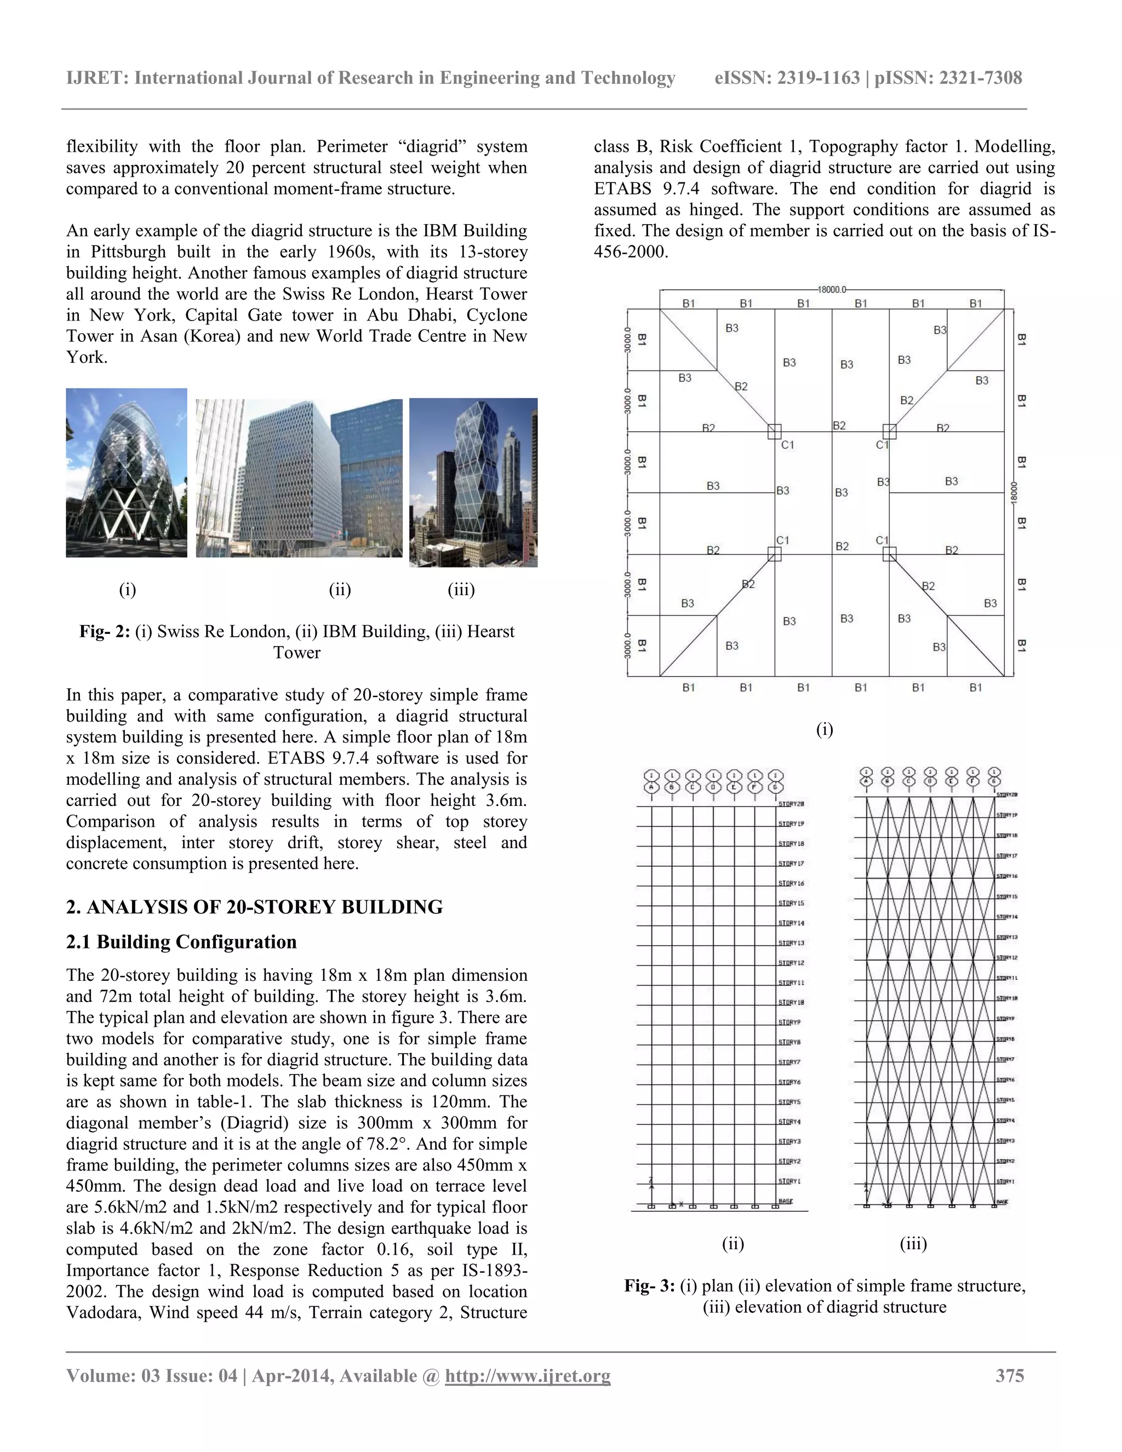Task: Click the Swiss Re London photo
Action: (x=127, y=473)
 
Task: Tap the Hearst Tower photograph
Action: (x=473, y=482)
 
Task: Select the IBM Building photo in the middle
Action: (x=299, y=478)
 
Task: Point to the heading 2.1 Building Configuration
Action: (x=181, y=942)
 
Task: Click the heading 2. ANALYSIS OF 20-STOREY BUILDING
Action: (x=255, y=907)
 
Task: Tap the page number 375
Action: (x=1010, y=1375)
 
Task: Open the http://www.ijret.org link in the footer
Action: (x=527, y=1375)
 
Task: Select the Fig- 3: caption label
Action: (x=649, y=1286)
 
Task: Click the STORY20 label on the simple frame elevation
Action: (x=791, y=804)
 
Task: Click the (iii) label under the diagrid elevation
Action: (x=913, y=1244)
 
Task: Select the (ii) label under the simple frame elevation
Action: (x=732, y=1244)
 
